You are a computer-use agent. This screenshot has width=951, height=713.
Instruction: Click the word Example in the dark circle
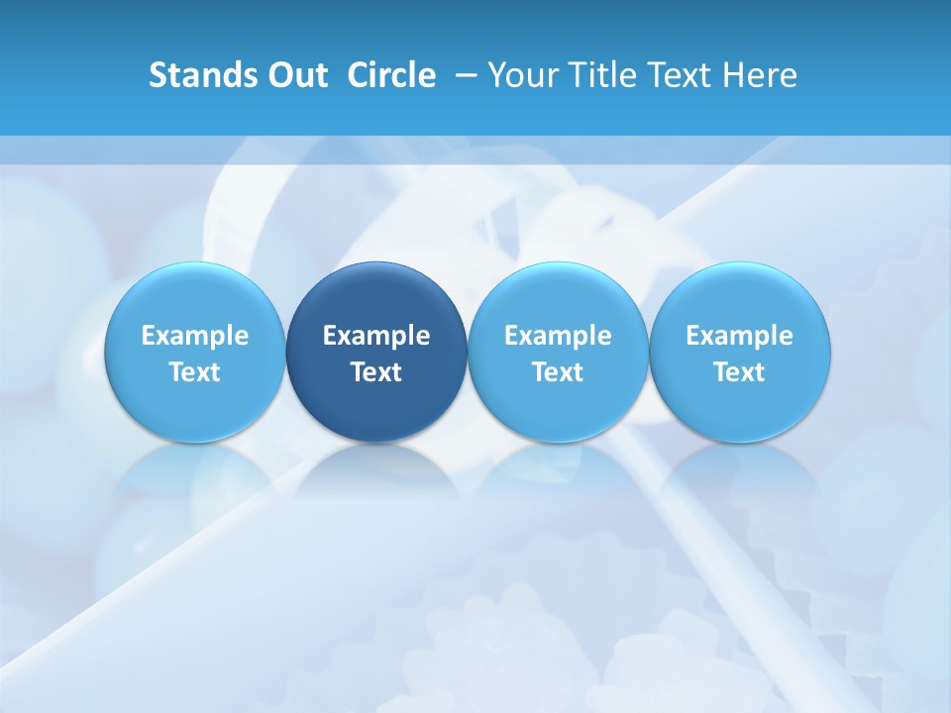376,336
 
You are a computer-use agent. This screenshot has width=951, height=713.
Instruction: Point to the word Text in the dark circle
376,372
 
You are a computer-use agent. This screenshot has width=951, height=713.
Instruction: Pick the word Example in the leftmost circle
195,336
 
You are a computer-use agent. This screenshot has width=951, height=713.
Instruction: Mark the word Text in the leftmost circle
195,372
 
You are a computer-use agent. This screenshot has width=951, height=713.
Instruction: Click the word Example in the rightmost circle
740,336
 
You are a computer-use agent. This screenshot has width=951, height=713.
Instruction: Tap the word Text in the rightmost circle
740,372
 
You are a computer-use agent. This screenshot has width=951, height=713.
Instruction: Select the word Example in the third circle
558,336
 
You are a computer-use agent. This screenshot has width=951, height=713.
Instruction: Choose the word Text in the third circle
558,372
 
